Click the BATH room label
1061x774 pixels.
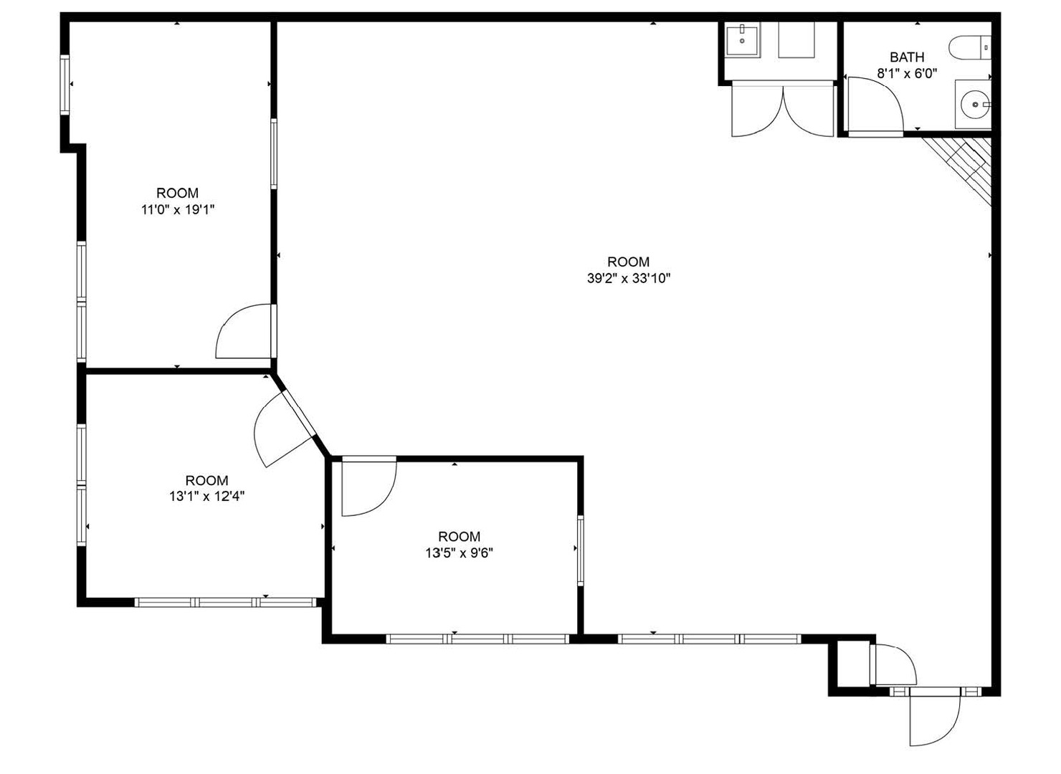(x=907, y=57)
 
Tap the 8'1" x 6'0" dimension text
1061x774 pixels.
(x=907, y=73)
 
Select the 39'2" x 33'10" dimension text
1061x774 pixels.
(x=629, y=278)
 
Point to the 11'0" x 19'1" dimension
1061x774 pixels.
(x=178, y=209)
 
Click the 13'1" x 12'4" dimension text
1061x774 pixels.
(x=207, y=497)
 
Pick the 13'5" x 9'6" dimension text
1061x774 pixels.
(x=459, y=553)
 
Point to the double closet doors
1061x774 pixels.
(x=783, y=110)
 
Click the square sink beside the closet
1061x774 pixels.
(x=742, y=41)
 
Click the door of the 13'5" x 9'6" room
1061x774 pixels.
(x=369, y=487)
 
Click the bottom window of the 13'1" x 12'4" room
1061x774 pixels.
(x=225, y=602)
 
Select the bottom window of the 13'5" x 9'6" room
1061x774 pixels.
(x=477, y=639)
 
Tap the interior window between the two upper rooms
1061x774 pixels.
(x=274, y=154)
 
